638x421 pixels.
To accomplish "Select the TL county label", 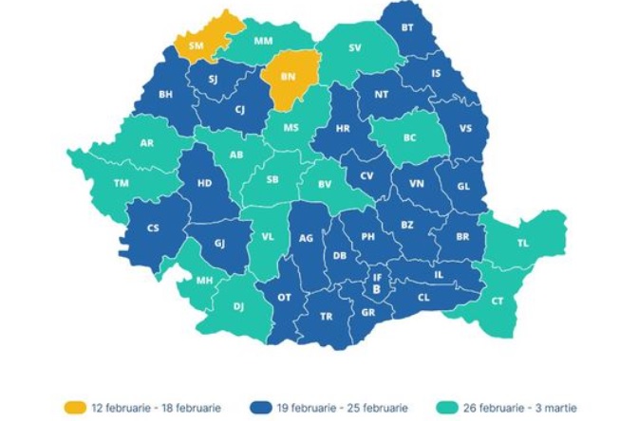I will click(x=522, y=243).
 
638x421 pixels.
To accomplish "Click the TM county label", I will click(x=121, y=183).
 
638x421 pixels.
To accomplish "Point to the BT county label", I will click(x=407, y=27).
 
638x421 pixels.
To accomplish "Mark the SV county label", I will click(x=354, y=46).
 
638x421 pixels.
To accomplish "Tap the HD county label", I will click(x=203, y=184).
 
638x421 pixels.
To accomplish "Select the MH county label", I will click(x=204, y=281).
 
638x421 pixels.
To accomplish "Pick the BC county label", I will click(x=410, y=137).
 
